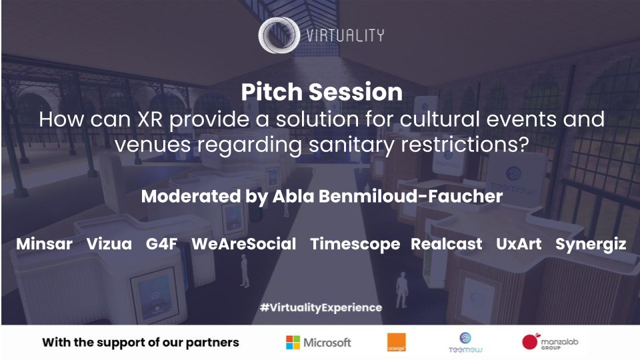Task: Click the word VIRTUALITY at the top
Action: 345,35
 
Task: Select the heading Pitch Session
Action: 321,92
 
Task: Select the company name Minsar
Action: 44,244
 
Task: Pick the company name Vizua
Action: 109,244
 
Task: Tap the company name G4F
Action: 161,244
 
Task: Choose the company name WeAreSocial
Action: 243,244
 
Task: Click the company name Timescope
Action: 355,244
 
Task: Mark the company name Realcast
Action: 446,244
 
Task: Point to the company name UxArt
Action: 519,244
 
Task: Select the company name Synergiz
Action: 591,244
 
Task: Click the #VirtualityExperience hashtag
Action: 321,307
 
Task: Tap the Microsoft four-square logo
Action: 293,343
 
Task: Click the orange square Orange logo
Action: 396,343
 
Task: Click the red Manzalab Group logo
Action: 531,342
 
